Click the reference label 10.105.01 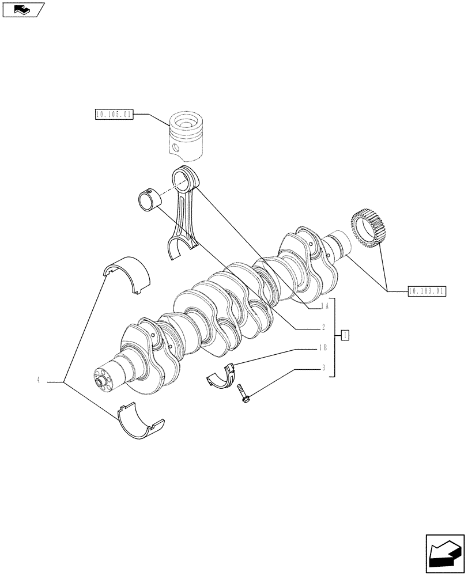(x=114, y=115)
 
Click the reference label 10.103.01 (x=427, y=291)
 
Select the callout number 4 (x=38, y=380)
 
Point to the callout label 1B (x=323, y=348)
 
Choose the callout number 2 (x=324, y=327)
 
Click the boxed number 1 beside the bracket (x=344, y=335)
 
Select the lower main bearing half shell (x=139, y=423)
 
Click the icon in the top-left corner (x=23, y=9)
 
